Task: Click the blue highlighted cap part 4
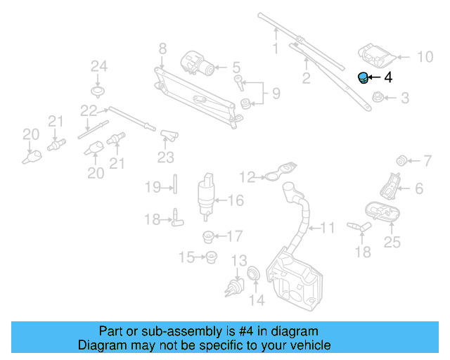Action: point(363,77)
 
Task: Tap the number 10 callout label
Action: point(425,57)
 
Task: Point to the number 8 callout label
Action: point(162,49)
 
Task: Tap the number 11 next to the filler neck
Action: point(328,228)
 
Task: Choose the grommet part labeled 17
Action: point(208,236)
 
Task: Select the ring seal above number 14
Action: point(254,273)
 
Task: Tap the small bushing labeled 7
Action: point(402,157)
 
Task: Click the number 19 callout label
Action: point(153,187)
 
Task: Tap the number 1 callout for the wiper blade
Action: point(276,49)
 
